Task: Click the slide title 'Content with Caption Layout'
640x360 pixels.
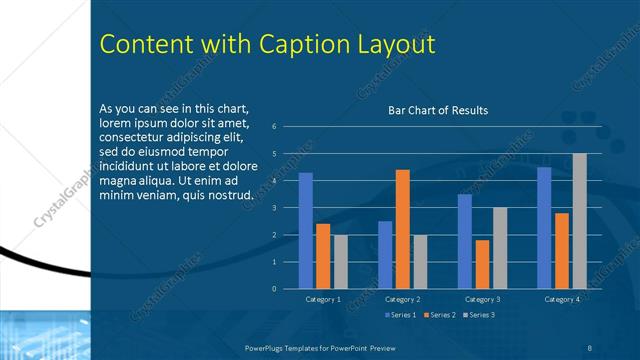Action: point(267,45)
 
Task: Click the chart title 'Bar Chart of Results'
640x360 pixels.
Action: point(438,110)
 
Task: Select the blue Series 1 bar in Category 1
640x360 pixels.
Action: point(306,231)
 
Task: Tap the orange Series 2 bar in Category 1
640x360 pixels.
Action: point(323,256)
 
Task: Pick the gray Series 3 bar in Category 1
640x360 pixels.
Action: point(341,262)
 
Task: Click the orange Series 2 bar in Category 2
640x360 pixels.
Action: point(402,229)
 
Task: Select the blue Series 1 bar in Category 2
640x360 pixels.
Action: point(385,255)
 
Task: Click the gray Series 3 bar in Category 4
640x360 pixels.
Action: point(579,221)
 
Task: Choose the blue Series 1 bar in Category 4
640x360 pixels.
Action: point(544,228)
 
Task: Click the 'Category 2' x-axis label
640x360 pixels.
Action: point(402,299)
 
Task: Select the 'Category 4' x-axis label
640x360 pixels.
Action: point(561,299)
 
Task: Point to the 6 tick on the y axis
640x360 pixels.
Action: point(287,127)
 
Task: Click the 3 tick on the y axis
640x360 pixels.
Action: point(287,208)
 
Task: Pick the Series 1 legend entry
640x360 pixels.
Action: point(402,315)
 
